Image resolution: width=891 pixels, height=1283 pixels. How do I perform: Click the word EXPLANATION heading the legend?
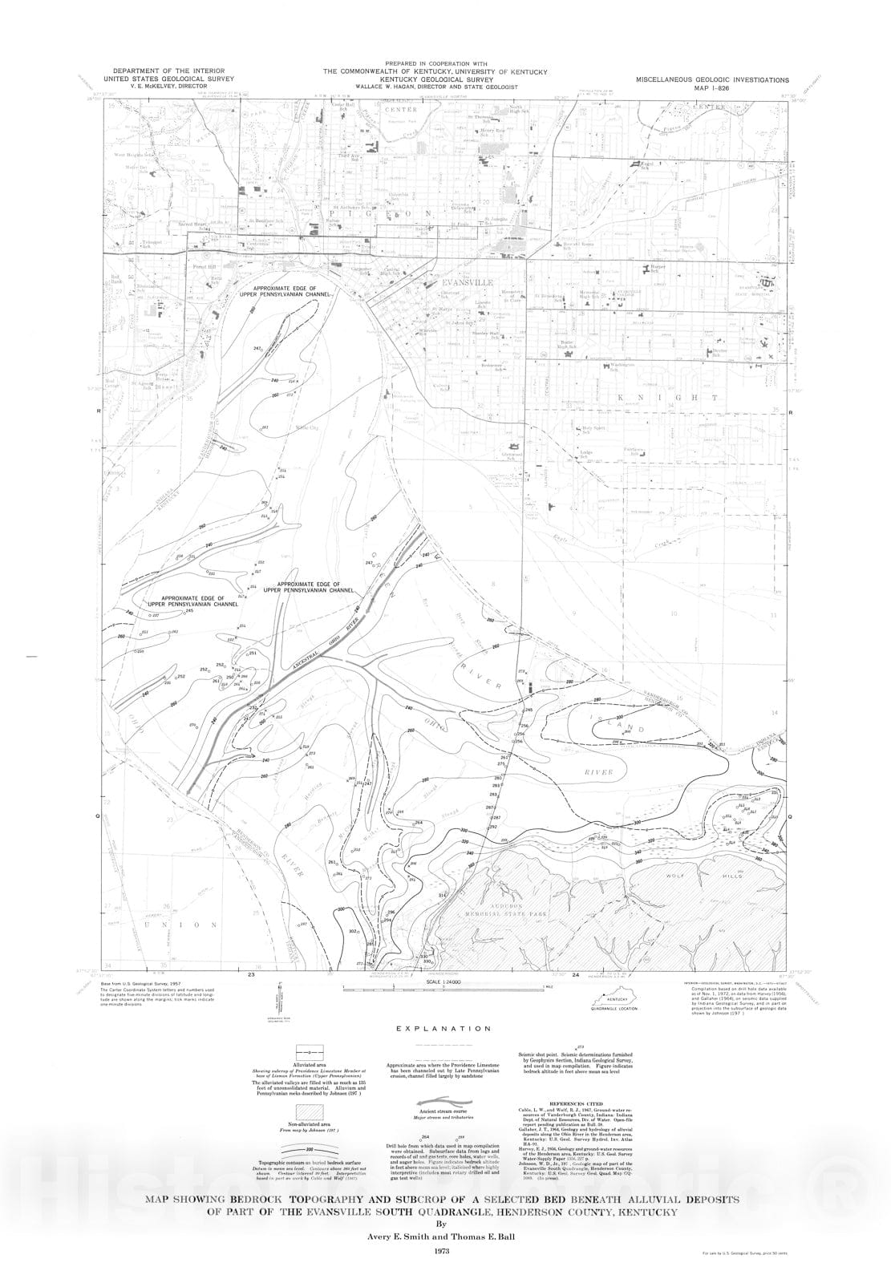[x=445, y=1028]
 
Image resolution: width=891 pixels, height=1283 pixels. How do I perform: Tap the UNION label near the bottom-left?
[x=180, y=925]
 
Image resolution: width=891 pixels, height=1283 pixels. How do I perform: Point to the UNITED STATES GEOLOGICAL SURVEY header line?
[x=168, y=79]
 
